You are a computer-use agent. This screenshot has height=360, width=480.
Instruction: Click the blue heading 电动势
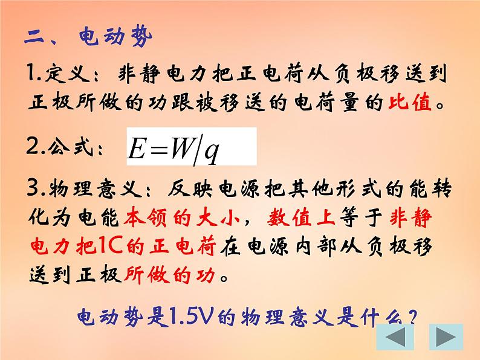coord(115,38)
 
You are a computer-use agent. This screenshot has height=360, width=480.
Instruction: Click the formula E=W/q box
coord(191,146)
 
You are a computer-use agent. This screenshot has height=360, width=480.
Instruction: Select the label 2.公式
coord(64,147)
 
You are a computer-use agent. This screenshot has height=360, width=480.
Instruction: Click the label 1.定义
coord(60,76)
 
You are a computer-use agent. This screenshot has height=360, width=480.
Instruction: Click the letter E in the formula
coord(135,149)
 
